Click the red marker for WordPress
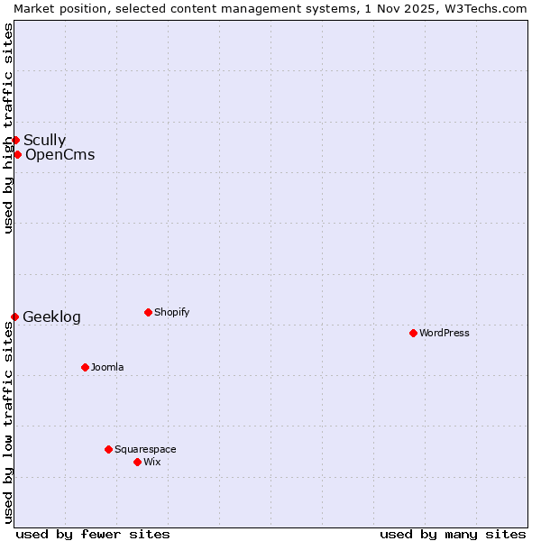[413, 333]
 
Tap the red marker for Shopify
[148, 312]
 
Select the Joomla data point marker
[85, 367]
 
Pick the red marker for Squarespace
[108, 449]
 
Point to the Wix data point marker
[137, 462]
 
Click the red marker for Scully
[15, 140]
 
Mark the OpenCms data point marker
[17, 154]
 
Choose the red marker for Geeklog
[14, 316]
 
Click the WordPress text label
[445, 333]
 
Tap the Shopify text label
[172, 312]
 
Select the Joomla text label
[107, 367]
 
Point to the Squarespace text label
[145, 449]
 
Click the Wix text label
[152, 462]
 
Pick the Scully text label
[44, 140]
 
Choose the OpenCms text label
[60, 154]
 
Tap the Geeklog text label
[51, 316]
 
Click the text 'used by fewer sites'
[93, 534]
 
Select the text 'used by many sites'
[453, 534]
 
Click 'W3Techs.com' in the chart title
[490, 8]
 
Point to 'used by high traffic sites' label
[8, 128]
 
